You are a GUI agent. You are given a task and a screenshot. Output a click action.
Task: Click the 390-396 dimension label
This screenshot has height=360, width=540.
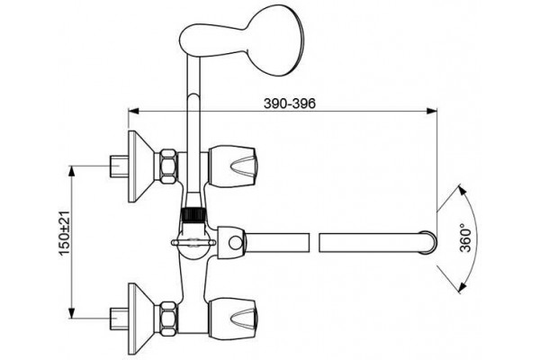pyautogui.click(x=290, y=103)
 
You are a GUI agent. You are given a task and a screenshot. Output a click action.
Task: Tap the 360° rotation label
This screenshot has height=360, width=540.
pyautogui.click(x=465, y=238)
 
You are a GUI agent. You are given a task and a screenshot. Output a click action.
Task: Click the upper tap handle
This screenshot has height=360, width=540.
pyautogui.click(x=232, y=166)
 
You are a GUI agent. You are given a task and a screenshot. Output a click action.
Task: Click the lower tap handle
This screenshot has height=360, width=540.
pyautogui.click(x=232, y=319)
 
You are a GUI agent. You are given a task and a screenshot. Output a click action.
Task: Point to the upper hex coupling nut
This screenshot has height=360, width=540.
pyautogui.click(x=169, y=166)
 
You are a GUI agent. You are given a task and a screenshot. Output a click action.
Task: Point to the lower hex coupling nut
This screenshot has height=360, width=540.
pyautogui.click(x=169, y=319)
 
